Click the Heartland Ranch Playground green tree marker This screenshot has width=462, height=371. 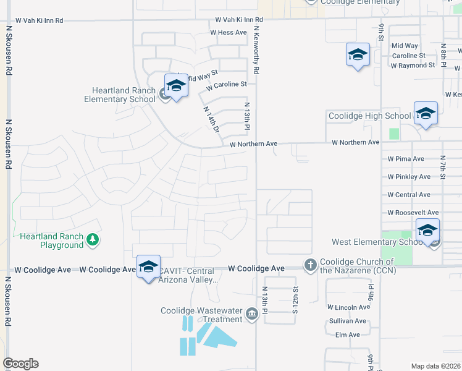[93, 239]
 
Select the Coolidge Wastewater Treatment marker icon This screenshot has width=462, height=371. [251, 315]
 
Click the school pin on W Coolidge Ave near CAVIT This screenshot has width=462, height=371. [148, 267]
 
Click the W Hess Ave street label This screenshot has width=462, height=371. [228, 32]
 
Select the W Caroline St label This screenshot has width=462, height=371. [226, 83]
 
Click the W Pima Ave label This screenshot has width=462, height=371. [406, 159]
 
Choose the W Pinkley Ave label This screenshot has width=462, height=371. [409, 177]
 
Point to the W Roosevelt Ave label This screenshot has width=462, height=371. [413, 213]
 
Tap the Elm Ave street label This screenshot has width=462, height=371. [347, 335]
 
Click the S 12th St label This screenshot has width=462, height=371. [295, 299]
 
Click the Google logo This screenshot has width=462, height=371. [20, 364]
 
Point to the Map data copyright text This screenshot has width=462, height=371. [435, 366]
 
